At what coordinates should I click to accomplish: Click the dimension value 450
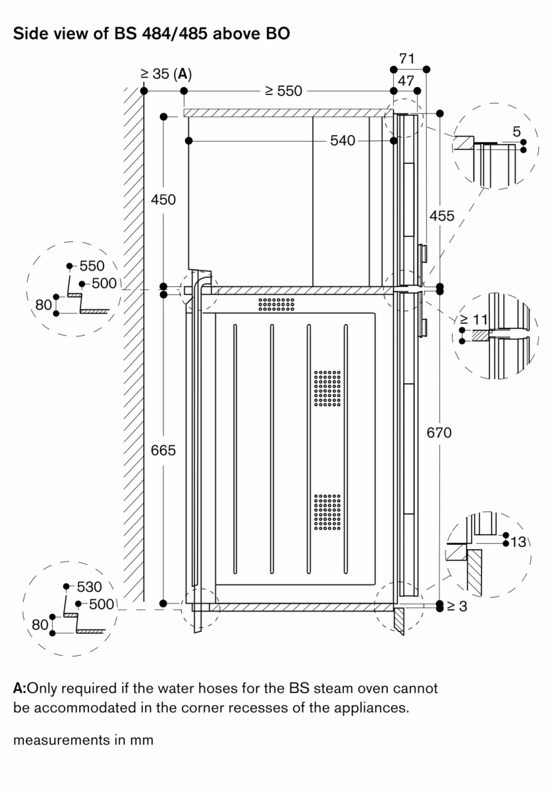163,199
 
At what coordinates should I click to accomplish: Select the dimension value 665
163,450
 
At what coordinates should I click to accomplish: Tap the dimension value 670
439,433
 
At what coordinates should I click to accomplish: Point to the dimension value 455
441,216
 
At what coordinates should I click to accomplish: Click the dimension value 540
343,140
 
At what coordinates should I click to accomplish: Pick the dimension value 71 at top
407,59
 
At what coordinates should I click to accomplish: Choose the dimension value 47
407,80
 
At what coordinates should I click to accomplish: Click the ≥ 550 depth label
283,91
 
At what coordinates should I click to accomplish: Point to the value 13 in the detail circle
519,542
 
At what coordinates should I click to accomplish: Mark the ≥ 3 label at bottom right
456,606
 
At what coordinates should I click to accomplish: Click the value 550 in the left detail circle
92,267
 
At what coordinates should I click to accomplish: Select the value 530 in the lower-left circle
89,586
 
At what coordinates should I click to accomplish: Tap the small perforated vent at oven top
276,303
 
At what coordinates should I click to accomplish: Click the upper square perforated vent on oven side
327,388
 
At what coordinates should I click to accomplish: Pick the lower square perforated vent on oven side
327,512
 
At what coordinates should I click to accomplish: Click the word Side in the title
31,35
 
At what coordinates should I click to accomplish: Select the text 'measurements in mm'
83,740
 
